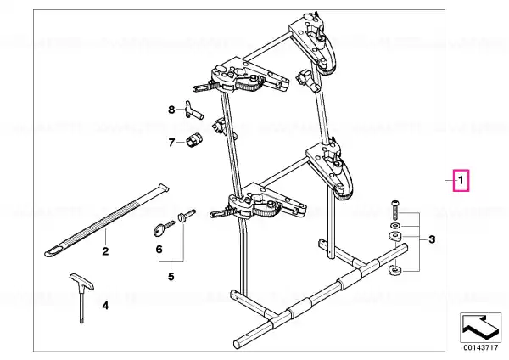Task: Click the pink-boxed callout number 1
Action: click(461, 180)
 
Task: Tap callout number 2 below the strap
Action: click(105, 251)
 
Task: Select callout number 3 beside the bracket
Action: click(432, 239)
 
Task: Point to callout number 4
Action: click(105, 306)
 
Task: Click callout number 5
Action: click(171, 277)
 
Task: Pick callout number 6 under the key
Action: click(159, 250)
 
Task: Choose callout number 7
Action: click(171, 143)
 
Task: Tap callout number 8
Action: click(171, 110)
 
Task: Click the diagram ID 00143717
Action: click(480, 347)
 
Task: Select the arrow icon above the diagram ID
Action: click(480, 328)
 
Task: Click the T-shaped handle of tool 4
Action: click(81, 281)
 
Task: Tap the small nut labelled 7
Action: click(194, 141)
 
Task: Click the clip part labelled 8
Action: click(193, 110)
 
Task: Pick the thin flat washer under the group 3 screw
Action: click(395, 226)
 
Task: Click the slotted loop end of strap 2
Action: click(54, 252)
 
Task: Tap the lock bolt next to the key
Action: click(187, 215)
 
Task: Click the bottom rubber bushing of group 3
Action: click(394, 270)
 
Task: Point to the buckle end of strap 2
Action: click(163, 187)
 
